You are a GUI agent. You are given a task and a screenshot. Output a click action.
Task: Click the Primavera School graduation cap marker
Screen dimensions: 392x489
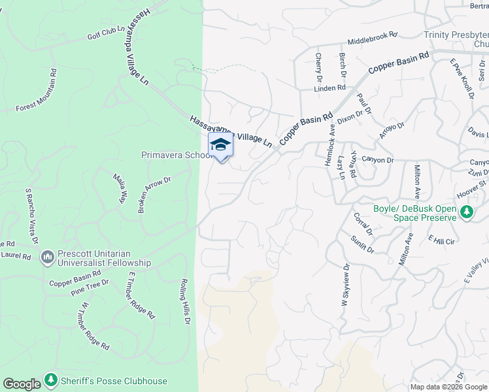[x=220, y=146]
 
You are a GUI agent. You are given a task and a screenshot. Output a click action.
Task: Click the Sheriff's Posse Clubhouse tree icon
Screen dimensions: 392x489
[x=51, y=380]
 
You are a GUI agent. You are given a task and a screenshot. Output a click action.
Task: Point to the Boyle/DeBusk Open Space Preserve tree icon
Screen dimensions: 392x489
[x=467, y=212]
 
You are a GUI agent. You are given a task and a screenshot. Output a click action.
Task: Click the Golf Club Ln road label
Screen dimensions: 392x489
[x=106, y=33]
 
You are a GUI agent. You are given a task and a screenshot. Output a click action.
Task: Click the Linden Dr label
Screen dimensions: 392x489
[x=329, y=88]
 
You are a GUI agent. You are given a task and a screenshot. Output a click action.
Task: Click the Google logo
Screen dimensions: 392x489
[x=22, y=384]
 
